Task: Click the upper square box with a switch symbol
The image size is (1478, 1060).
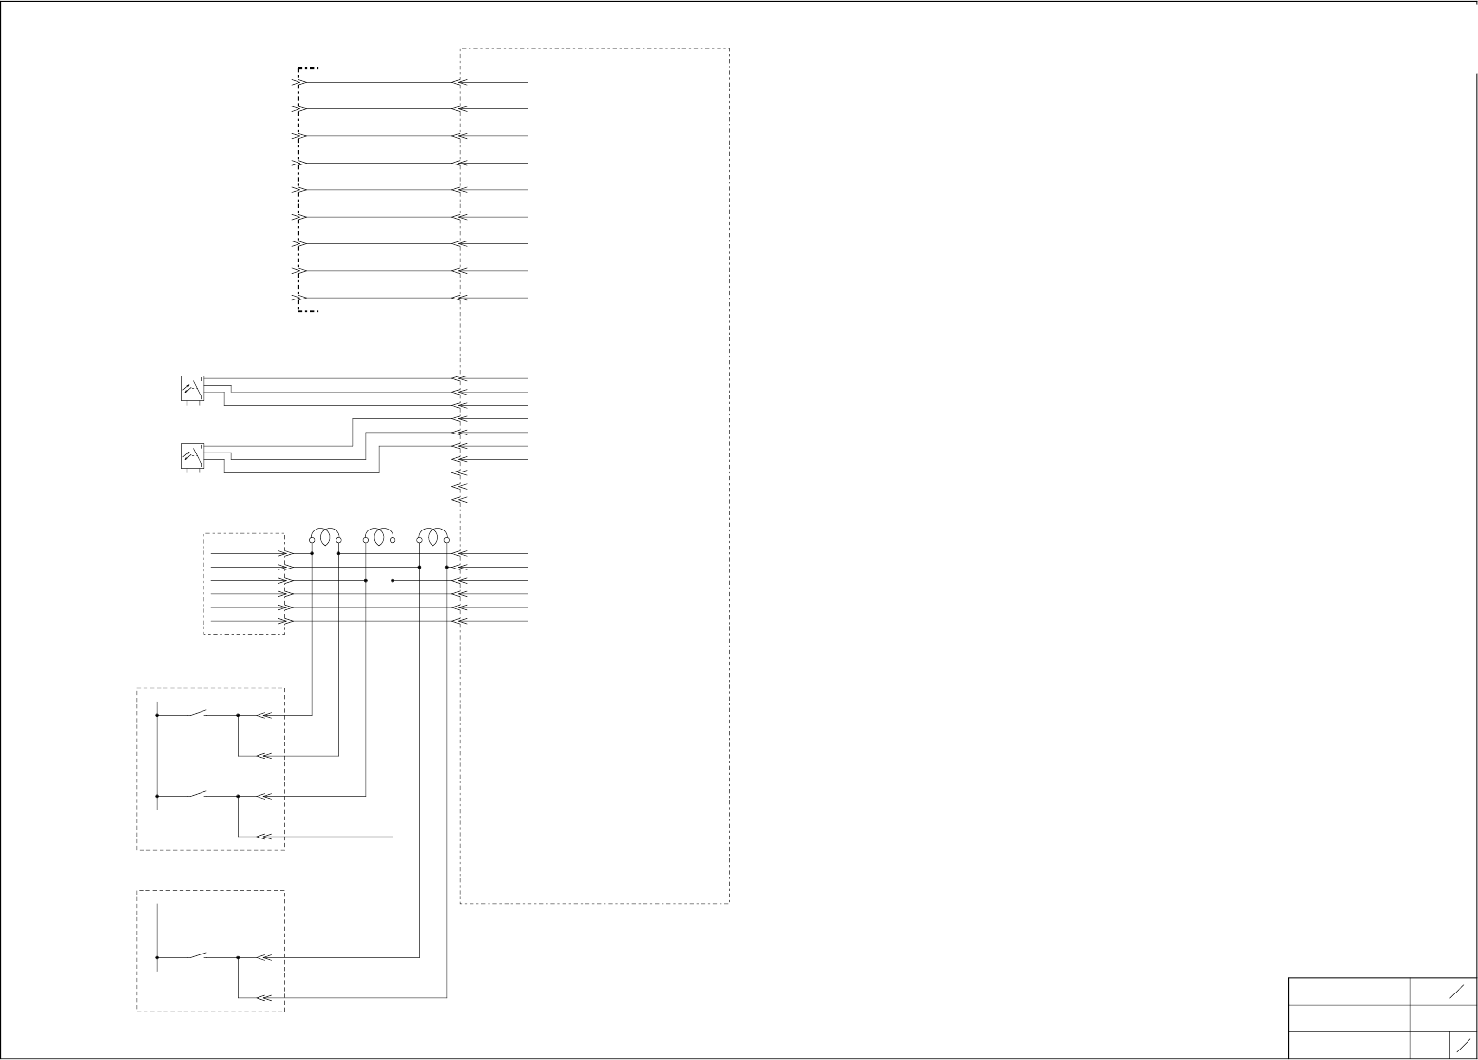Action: coord(192,389)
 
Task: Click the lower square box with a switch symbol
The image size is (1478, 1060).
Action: coord(192,456)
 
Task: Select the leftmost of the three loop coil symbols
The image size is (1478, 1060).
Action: coord(325,537)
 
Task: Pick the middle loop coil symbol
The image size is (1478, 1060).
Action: coord(379,537)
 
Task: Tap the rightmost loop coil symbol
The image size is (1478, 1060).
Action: coord(433,537)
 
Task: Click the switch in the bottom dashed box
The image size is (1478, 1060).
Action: coord(199,954)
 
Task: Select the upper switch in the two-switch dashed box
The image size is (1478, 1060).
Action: coord(199,711)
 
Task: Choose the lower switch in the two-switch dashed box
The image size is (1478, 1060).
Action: coord(199,793)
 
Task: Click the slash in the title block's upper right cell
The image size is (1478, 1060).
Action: coord(1457,992)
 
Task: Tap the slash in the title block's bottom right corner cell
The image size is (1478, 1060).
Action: coord(1464,1044)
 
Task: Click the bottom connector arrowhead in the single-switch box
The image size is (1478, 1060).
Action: coord(265,998)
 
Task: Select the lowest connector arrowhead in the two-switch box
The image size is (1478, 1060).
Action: coord(265,837)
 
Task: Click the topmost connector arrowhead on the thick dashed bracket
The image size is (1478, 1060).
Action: coord(298,83)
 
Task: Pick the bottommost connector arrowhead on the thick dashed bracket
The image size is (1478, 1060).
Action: coord(298,298)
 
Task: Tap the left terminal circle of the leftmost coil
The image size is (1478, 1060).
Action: coord(312,540)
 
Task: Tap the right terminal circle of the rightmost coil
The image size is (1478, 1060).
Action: coord(447,540)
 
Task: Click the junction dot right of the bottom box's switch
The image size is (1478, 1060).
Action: coord(238,958)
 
